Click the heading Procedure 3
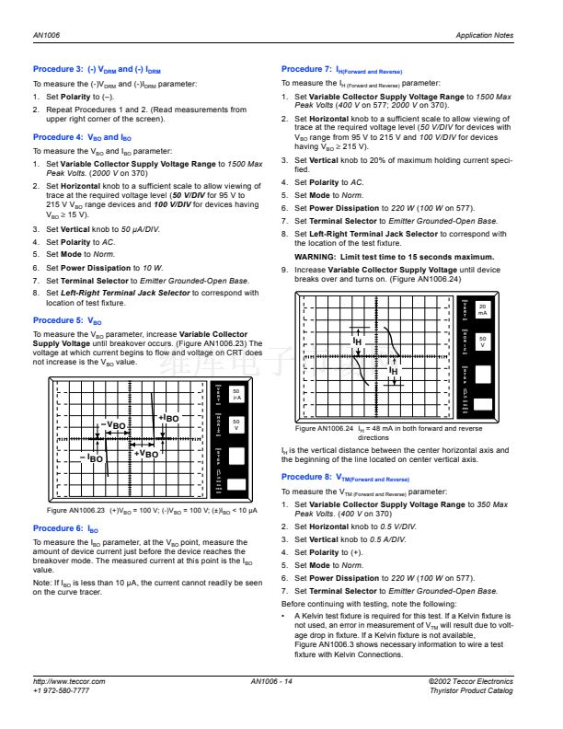pos(97,70)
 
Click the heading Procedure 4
pos(82,137)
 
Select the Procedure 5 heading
pos(67,320)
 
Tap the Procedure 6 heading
pos(65,528)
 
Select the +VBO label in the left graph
pos(145,454)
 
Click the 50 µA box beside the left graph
pos(236,394)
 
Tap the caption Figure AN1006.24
pos(324,428)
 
